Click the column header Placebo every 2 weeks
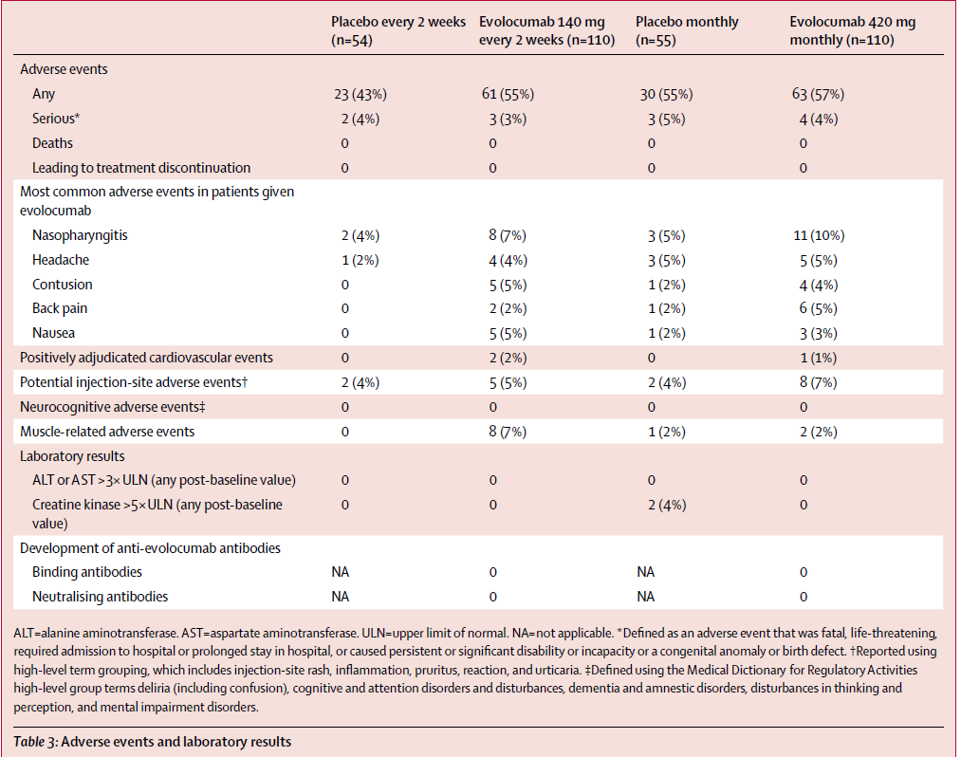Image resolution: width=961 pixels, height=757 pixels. (398, 30)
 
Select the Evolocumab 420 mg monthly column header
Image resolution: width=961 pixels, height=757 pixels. (853, 30)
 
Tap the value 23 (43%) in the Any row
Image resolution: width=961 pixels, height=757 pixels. (360, 95)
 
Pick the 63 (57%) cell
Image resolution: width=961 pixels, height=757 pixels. (818, 95)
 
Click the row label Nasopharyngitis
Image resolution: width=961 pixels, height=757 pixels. (80, 235)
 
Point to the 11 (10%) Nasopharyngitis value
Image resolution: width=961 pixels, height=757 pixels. (819, 235)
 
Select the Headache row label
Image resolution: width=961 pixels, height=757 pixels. (61, 260)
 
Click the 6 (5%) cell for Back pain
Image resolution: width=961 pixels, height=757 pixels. (818, 308)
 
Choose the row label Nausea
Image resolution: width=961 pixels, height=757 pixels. (53, 333)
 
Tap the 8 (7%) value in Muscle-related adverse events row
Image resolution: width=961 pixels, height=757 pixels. (508, 432)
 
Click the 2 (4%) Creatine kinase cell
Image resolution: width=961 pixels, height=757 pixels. (667, 505)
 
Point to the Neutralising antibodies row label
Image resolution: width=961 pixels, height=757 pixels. (100, 597)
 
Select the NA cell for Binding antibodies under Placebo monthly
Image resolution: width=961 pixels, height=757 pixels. (645, 572)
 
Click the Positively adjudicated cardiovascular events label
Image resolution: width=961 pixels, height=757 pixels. (146, 358)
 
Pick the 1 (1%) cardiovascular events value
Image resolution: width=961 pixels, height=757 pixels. (818, 358)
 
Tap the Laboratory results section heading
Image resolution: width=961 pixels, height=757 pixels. (72, 456)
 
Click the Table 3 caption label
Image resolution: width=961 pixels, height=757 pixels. (36, 742)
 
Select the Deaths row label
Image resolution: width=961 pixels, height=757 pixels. (52, 143)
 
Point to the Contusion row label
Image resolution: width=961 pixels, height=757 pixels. (63, 285)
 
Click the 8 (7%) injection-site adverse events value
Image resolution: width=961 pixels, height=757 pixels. (818, 382)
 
